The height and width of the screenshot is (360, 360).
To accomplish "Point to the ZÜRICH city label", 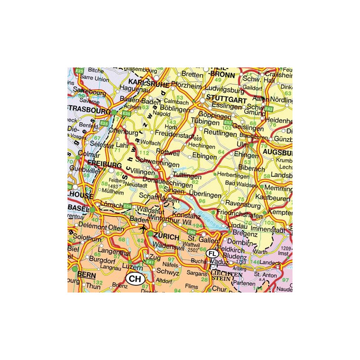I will [166, 237].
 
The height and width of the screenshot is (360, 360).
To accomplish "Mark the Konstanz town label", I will [182, 216].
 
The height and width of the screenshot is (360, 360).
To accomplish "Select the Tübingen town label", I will [205, 122].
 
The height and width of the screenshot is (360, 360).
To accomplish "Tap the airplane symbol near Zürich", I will [144, 230].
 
